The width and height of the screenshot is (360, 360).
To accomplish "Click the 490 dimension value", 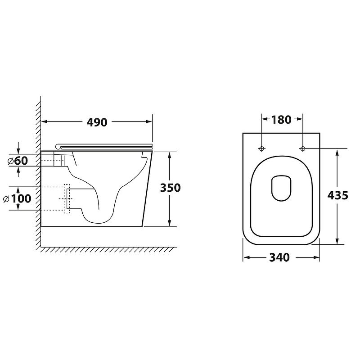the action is click(x=97, y=122).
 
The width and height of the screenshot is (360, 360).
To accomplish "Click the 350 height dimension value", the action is click(x=170, y=188).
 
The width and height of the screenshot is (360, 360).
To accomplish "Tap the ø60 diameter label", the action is click(x=18, y=161).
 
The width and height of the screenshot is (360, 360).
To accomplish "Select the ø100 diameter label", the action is click(x=17, y=198).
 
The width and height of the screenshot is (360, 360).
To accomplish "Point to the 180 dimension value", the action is click(x=281, y=120).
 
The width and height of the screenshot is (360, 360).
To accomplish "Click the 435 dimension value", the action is click(x=338, y=196).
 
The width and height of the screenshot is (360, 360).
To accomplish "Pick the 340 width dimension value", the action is click(x=279, y=257).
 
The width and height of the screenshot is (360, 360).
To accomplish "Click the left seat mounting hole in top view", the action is click(x=261, y=149).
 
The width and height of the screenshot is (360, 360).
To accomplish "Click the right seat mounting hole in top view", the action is click(x=302, y=149).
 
